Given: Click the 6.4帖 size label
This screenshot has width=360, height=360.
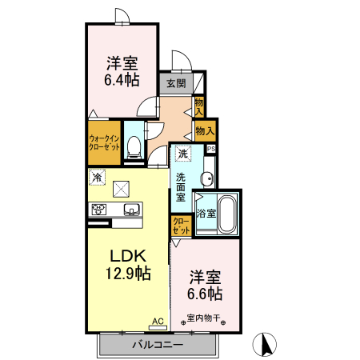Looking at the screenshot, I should pos(121,80).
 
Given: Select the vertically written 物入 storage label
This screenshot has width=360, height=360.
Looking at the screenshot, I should pos(199,106).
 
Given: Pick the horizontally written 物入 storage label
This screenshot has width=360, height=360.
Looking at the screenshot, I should pos(206,130).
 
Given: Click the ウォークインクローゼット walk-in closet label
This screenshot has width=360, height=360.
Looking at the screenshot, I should pos(103,142).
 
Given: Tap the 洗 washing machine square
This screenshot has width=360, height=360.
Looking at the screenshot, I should pos(183,154).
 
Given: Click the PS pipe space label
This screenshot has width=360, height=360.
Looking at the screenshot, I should pos(211,149).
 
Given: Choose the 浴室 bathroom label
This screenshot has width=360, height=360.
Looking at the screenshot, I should pos(206,213).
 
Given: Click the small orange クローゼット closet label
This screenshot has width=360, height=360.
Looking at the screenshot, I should pos(181,226).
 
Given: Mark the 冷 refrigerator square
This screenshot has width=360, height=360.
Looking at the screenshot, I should pos(97,177).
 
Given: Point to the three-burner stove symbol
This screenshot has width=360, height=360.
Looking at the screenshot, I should pos(99,210).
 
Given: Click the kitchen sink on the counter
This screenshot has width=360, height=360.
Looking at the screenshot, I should pos(131,210).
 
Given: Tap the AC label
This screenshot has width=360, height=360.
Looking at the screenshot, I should pos(158,322).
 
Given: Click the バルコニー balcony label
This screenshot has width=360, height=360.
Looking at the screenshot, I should pos(158,346).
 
